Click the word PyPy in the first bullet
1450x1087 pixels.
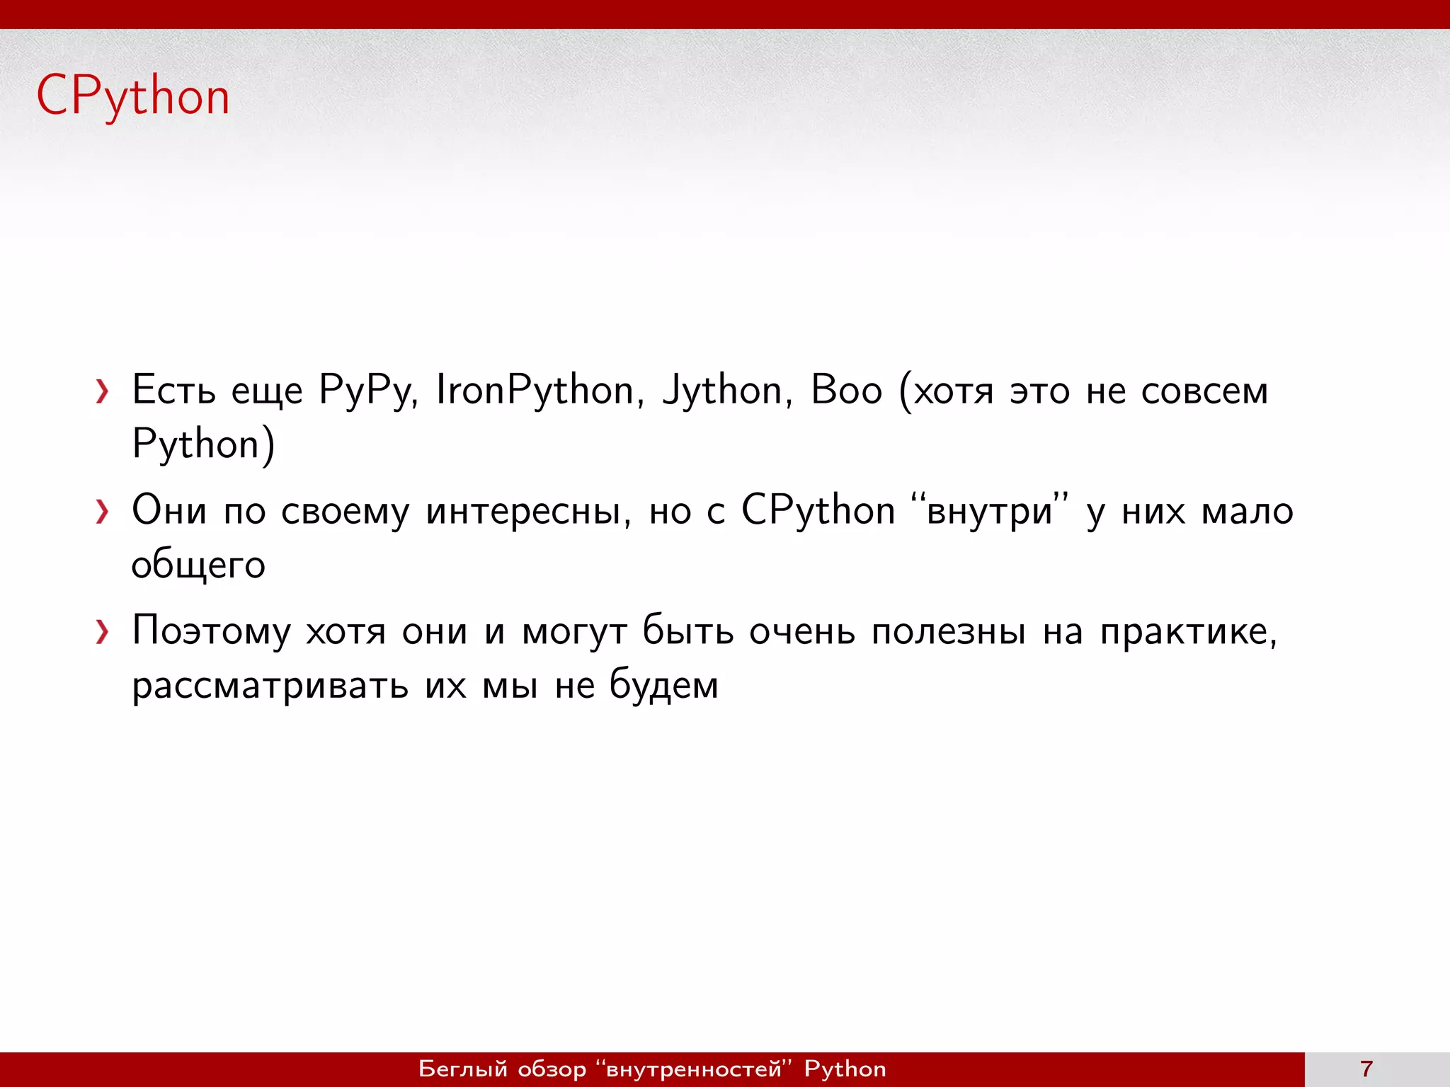[367, 391]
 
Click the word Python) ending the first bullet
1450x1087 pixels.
[204, 445]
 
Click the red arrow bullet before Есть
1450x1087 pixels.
[103, 391]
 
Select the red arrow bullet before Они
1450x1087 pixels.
[103, 512]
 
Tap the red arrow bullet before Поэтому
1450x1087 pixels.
[103, 632]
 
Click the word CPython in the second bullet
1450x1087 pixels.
[818, 511]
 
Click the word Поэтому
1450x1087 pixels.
[211, 631]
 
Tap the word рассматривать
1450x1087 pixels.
[270, 686]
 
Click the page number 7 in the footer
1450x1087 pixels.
[1366, 1069]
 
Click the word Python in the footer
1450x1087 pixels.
[845, 1069]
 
